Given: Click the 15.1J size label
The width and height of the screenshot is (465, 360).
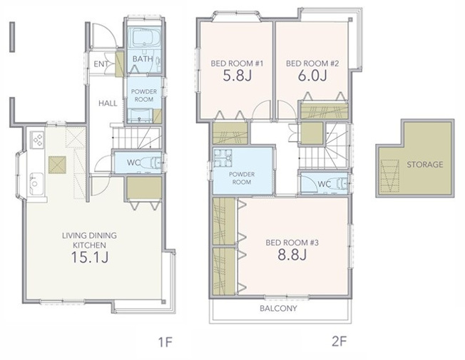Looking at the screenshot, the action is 90,257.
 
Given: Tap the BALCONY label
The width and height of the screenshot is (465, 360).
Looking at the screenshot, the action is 278,309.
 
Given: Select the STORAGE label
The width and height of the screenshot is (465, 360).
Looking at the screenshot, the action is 424,165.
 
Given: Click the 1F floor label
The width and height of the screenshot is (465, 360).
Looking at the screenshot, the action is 165,342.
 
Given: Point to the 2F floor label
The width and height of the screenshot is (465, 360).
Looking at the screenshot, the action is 339,341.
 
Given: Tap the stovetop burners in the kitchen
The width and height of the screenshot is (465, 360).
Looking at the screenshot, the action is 37,140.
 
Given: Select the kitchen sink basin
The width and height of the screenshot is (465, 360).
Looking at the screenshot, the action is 36,184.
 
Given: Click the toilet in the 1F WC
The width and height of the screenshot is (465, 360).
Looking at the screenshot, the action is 151,163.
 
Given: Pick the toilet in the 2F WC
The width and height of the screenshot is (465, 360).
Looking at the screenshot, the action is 339,184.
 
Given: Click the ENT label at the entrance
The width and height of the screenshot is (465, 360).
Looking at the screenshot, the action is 101,64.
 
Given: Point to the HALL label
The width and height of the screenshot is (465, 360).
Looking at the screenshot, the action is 108,103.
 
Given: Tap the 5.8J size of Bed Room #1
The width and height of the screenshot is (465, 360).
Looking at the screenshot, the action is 237,76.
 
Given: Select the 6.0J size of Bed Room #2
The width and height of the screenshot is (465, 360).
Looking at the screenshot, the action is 312,76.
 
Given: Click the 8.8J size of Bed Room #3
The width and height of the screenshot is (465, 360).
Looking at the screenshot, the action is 292,254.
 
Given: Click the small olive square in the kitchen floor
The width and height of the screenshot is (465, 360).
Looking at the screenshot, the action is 57,165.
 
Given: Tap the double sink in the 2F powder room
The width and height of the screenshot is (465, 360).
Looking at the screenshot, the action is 223,158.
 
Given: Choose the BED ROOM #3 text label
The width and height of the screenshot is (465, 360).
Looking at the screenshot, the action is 292,243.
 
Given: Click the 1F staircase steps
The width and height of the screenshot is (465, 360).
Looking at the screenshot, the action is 136,138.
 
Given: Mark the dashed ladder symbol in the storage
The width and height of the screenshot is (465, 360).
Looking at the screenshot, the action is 389,176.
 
